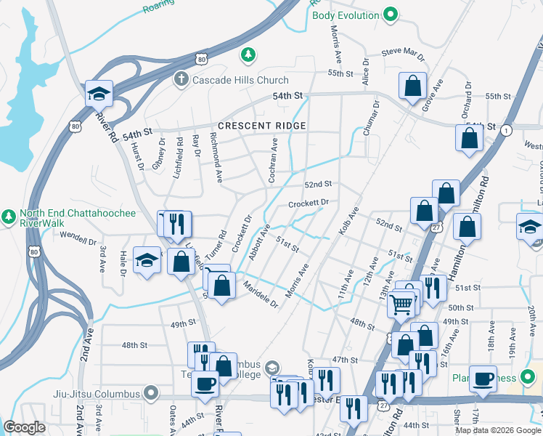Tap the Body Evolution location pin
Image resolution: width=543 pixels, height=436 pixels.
click(x=391, y=15)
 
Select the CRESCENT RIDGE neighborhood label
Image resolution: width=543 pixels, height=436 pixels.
click(x=262, y=126)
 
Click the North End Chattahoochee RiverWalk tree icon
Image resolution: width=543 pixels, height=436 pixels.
click(x=9, y=217)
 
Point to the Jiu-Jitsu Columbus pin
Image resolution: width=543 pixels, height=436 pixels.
click(x=151, y=394)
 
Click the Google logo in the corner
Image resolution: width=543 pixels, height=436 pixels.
click(x=25, y=427)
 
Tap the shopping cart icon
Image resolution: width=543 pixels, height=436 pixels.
click(x=401, y=304)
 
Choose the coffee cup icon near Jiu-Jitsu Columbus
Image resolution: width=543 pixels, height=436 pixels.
click(x=205, y=383)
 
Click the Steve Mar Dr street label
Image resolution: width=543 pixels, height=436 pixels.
click(x=402, y=54)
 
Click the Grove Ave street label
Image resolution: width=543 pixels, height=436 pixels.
click(x=433, y=97)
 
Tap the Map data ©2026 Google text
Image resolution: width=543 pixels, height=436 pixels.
click(x=497, y=429)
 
